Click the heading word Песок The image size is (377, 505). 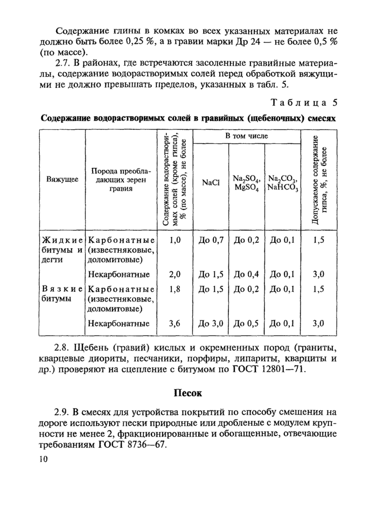tap(188, 393)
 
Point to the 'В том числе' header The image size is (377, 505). tap(246, 137)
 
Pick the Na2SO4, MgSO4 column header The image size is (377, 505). tap(246, 183)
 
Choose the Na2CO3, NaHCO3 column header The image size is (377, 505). tap(283, 183)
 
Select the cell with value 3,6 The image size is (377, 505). tap(174, 324)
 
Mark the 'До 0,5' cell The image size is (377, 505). tap(246, 324)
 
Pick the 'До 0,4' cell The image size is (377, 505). tap(246, 274)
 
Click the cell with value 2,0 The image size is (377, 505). tap(174, 274)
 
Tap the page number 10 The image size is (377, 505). tap(44, 459)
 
